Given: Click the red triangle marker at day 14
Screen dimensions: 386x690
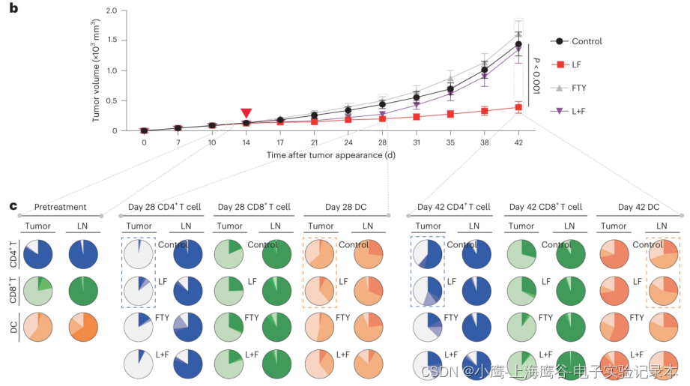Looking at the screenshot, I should [x=246, y=112].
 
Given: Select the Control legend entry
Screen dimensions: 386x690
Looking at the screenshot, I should [x=587, y=41].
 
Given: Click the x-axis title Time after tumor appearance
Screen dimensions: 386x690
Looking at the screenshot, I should [x=330, y=155].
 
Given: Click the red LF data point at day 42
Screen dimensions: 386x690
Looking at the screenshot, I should [x=518, y=107].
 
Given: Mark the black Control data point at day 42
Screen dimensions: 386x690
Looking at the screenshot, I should [x=518, y=45].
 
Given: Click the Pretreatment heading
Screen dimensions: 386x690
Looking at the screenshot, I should [x=60, y=207].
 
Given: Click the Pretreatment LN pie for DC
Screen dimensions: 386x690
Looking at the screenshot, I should [x=82, y=328].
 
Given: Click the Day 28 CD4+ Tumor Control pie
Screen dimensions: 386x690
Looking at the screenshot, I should [x=139, y=255].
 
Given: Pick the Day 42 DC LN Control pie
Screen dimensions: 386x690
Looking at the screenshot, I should [x=663, y=255].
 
